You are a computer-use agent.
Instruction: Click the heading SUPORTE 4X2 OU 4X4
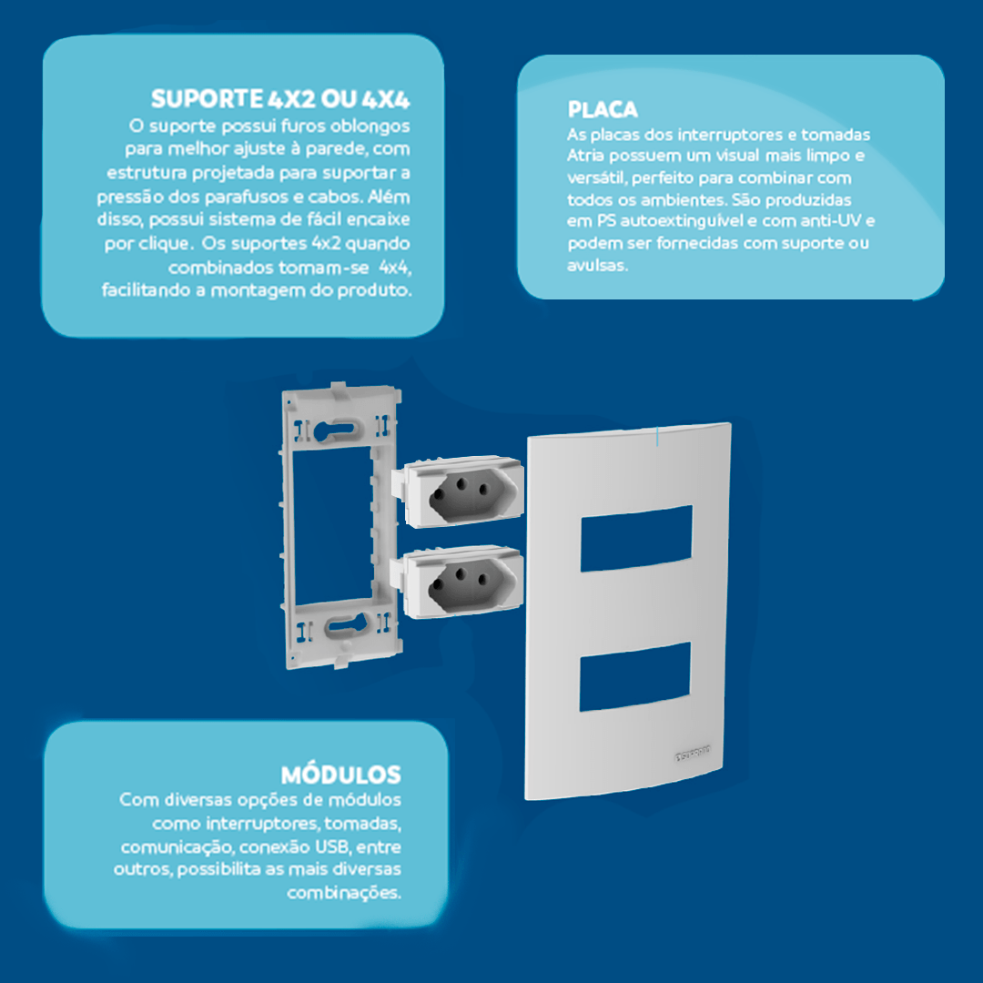click(280, 99)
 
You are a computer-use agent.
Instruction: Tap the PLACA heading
click(603, 110)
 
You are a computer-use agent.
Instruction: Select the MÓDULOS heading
click(341, 775)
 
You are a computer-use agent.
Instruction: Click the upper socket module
click(458, 491)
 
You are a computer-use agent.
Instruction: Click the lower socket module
click(457, 582)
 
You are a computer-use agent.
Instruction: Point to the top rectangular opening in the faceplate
click(636, 538)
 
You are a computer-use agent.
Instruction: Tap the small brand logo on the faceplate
click(692, 753)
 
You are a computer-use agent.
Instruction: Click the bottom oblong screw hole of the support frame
click(347, 624)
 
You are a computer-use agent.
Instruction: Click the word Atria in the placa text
click(585, 156)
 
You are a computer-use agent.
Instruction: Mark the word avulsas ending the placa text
click(597, 265)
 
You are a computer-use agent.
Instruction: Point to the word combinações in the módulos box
click(344, 893)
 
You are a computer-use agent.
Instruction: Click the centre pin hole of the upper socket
click(461, 484)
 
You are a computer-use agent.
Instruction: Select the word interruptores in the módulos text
click(262, 823)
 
